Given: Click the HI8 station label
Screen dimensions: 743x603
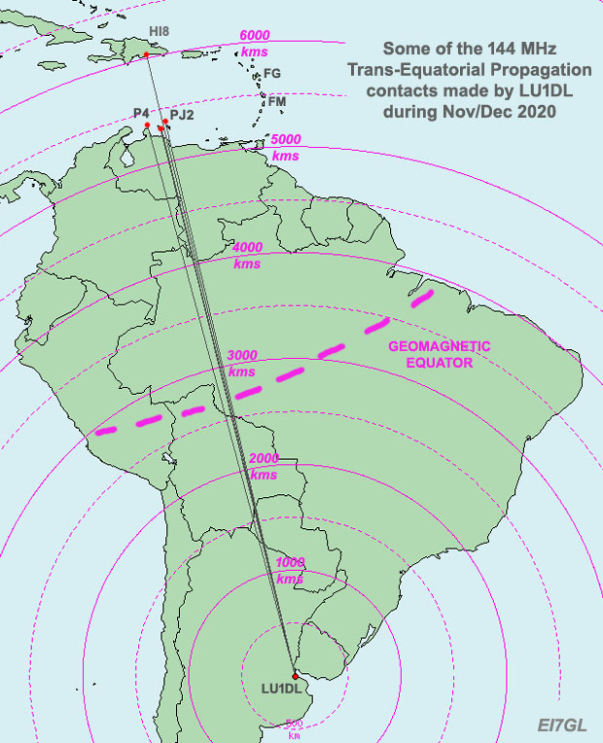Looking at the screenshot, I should tap(159, 32).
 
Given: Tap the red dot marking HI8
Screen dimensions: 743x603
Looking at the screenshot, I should tap(146, 54).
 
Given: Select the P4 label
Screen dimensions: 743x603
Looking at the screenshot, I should tap(140, 114).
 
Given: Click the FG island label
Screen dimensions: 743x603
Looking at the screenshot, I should tap(272, 73).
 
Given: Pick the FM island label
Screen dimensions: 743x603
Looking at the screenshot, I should tap(277, 101).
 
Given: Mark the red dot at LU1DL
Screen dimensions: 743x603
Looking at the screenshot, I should tap(295, 675).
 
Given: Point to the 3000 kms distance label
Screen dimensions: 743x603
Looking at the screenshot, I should tap(241, 364).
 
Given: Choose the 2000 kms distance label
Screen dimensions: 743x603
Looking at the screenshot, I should tap(264, 466).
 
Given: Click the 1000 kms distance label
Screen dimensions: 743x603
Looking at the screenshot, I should tap(290, 571).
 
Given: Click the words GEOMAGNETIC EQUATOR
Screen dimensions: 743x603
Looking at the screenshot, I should tap(440, 354).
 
